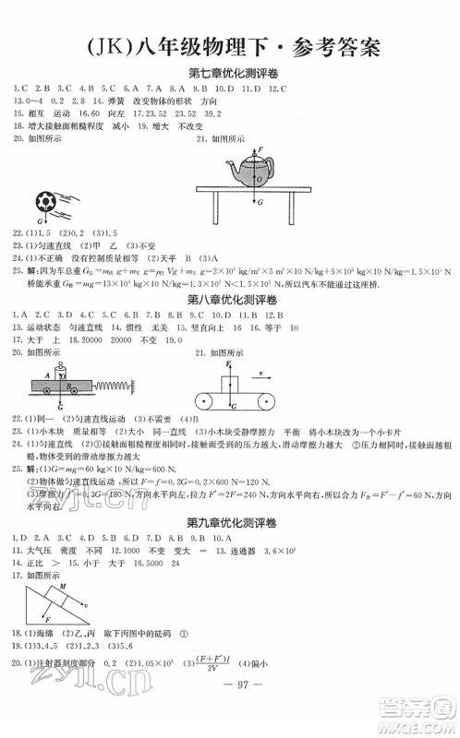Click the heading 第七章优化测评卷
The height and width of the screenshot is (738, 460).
230,73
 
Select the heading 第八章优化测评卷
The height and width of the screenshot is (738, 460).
230,301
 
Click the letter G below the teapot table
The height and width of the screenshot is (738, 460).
260,201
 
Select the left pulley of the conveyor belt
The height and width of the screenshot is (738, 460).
203,399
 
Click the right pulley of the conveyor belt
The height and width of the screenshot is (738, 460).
268,399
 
